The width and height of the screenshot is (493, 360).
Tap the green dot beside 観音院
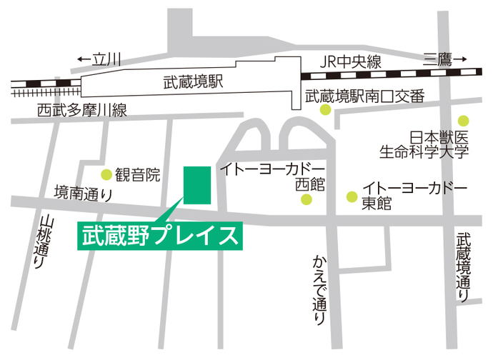pos(106,174)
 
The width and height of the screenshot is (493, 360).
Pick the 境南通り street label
pos(84,191)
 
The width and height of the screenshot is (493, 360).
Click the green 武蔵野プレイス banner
pos(159,236)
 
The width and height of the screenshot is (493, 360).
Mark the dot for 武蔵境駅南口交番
pos(325,110)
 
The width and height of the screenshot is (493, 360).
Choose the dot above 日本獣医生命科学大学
pos(463,120)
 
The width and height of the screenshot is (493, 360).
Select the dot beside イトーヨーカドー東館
pos(351,196)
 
